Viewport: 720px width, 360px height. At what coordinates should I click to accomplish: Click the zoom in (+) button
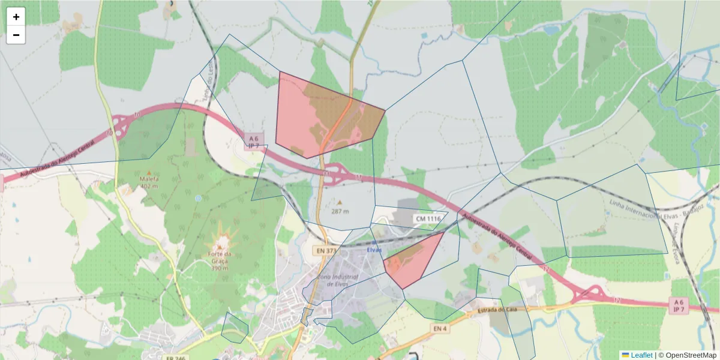pos(16,17)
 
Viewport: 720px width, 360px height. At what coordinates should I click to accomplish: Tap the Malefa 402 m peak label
pos(149,182)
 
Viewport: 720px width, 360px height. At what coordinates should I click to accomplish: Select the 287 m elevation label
pos(340,211)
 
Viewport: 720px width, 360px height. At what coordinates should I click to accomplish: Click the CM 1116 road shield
pos(429,219)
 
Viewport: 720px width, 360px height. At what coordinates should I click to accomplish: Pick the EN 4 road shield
pos(440,329)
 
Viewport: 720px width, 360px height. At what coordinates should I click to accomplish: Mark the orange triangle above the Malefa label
pos(149,173)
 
